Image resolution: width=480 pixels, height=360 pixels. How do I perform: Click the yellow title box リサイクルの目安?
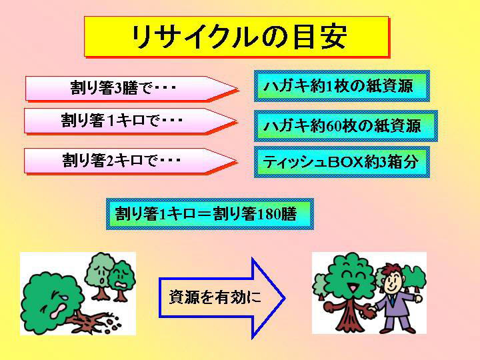pos(236,37)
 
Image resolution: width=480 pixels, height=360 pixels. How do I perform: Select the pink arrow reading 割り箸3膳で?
pos(131,89)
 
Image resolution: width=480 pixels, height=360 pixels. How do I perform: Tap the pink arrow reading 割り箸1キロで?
pos(131,121)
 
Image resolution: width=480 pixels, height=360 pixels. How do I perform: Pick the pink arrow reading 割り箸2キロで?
pos(131,161)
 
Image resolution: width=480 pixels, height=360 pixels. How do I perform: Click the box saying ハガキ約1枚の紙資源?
pos(341,86)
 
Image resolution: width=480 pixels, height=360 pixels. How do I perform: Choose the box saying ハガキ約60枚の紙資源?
pos(345,126)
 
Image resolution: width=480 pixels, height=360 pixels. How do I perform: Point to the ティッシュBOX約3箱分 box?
pos(341,162)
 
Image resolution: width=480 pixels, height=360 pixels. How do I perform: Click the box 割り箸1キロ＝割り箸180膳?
pos(210,214)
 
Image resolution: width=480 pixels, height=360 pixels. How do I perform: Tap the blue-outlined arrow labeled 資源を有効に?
pos(222,298)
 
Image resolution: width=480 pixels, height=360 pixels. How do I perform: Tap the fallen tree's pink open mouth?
pos(57,311)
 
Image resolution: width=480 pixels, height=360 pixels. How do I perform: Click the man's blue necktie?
pos(392,300)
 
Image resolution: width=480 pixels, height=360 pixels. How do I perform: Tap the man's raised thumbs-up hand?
pos(417,297)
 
